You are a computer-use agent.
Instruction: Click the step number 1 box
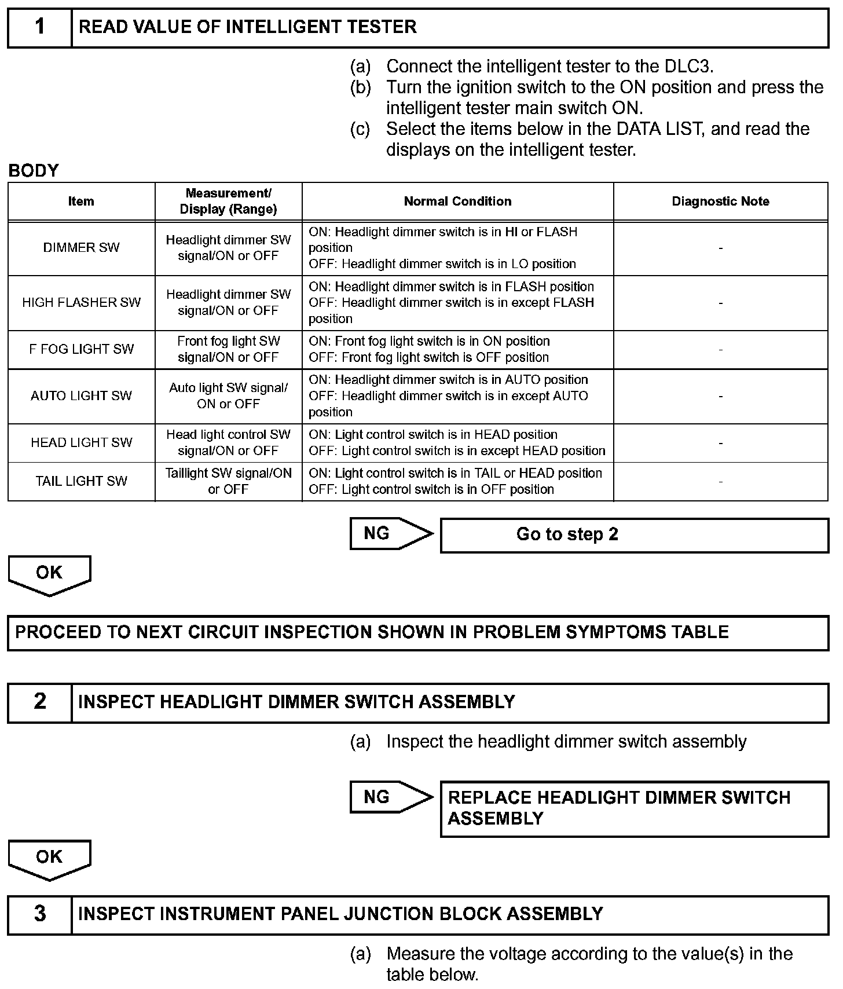click(39, 27)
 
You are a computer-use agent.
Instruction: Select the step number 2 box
click(39, 702)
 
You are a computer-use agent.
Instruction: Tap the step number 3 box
click(39, 914)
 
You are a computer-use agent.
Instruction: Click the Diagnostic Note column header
click(720, 202)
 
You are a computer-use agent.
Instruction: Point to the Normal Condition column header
click(457, 202)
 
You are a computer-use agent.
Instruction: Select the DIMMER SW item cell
click(81, 248)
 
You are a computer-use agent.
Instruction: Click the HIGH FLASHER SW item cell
click(81, 302)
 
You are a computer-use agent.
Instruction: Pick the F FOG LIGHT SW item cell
click(81, 349)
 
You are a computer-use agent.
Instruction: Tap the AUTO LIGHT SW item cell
click(81, 396)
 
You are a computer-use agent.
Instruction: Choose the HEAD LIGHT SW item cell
click(81, 443)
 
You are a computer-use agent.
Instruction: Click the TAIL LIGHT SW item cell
click(81, 481)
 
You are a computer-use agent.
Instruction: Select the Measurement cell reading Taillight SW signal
click(228, 481)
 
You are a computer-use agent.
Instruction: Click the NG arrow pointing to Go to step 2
click(390, 533)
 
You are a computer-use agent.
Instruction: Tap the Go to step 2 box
click(634, 534)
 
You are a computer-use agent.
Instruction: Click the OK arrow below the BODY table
click(49, 574)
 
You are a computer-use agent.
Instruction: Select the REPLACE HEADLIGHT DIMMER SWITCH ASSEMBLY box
click(634, 808)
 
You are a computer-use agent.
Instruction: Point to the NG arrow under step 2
click(390, 797)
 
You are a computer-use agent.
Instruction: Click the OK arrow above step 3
click(49, 859)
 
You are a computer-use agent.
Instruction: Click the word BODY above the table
click(34, 171)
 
